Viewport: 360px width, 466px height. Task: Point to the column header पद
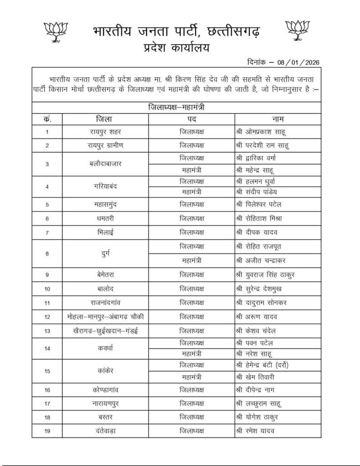191,119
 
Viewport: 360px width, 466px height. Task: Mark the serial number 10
47,289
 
